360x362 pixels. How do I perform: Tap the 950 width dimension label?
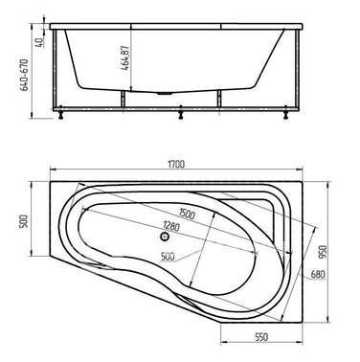(325, 252)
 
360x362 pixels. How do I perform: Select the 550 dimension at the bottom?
(261, 336)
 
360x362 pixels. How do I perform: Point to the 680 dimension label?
(318, 274)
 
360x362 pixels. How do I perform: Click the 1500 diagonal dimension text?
(187, 214)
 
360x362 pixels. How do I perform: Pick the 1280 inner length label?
(171, 226)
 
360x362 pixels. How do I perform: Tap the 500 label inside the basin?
(168, 256)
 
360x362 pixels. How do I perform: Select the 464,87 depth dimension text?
(125, 58)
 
